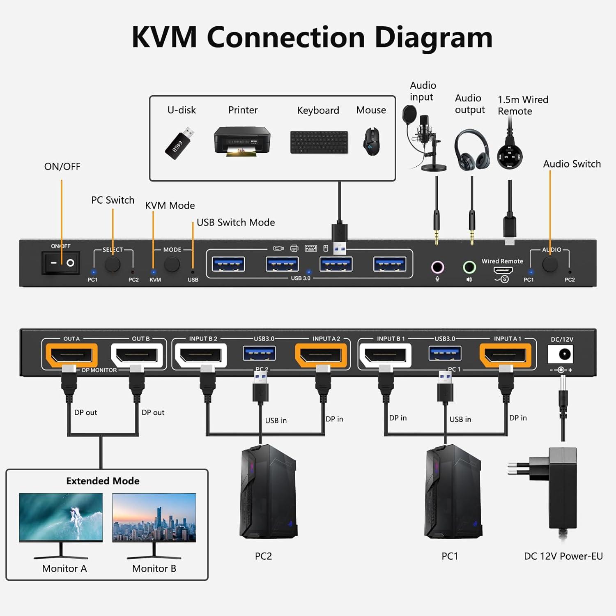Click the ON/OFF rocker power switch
(x=60, y=262)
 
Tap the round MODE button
(x=172, y=264)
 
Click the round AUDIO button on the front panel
(x=550, y=264)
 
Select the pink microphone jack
(x=437, y=267)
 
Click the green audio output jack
(x=469, y=267)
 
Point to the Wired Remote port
(x=503, y=270)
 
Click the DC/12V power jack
(x=561, y=354)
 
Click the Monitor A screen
(x=61, y=517)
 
